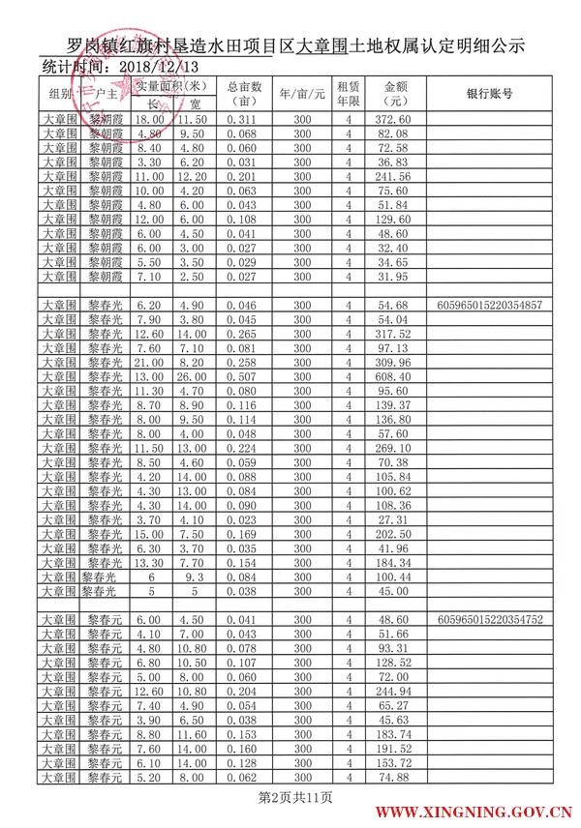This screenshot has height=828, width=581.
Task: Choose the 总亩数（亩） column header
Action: [244, 94]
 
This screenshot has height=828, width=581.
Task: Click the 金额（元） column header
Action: [397, 94]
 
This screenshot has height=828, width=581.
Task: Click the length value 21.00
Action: [149, 362]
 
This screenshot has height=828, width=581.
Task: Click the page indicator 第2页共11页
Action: [290, 797]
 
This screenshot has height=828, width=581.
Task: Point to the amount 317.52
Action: [397, 334]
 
